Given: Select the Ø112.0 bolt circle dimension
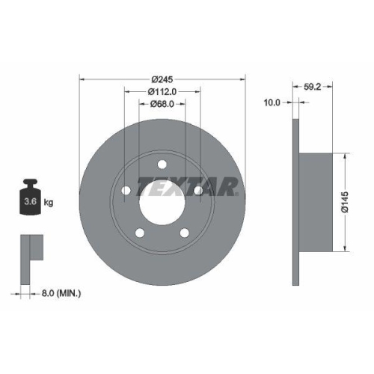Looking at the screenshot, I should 163,91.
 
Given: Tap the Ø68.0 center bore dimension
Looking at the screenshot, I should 163,104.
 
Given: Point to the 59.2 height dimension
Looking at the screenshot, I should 313,87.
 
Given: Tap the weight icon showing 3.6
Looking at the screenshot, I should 31,198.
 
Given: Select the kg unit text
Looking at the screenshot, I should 49,203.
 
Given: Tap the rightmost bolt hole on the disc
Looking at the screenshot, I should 198,192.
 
